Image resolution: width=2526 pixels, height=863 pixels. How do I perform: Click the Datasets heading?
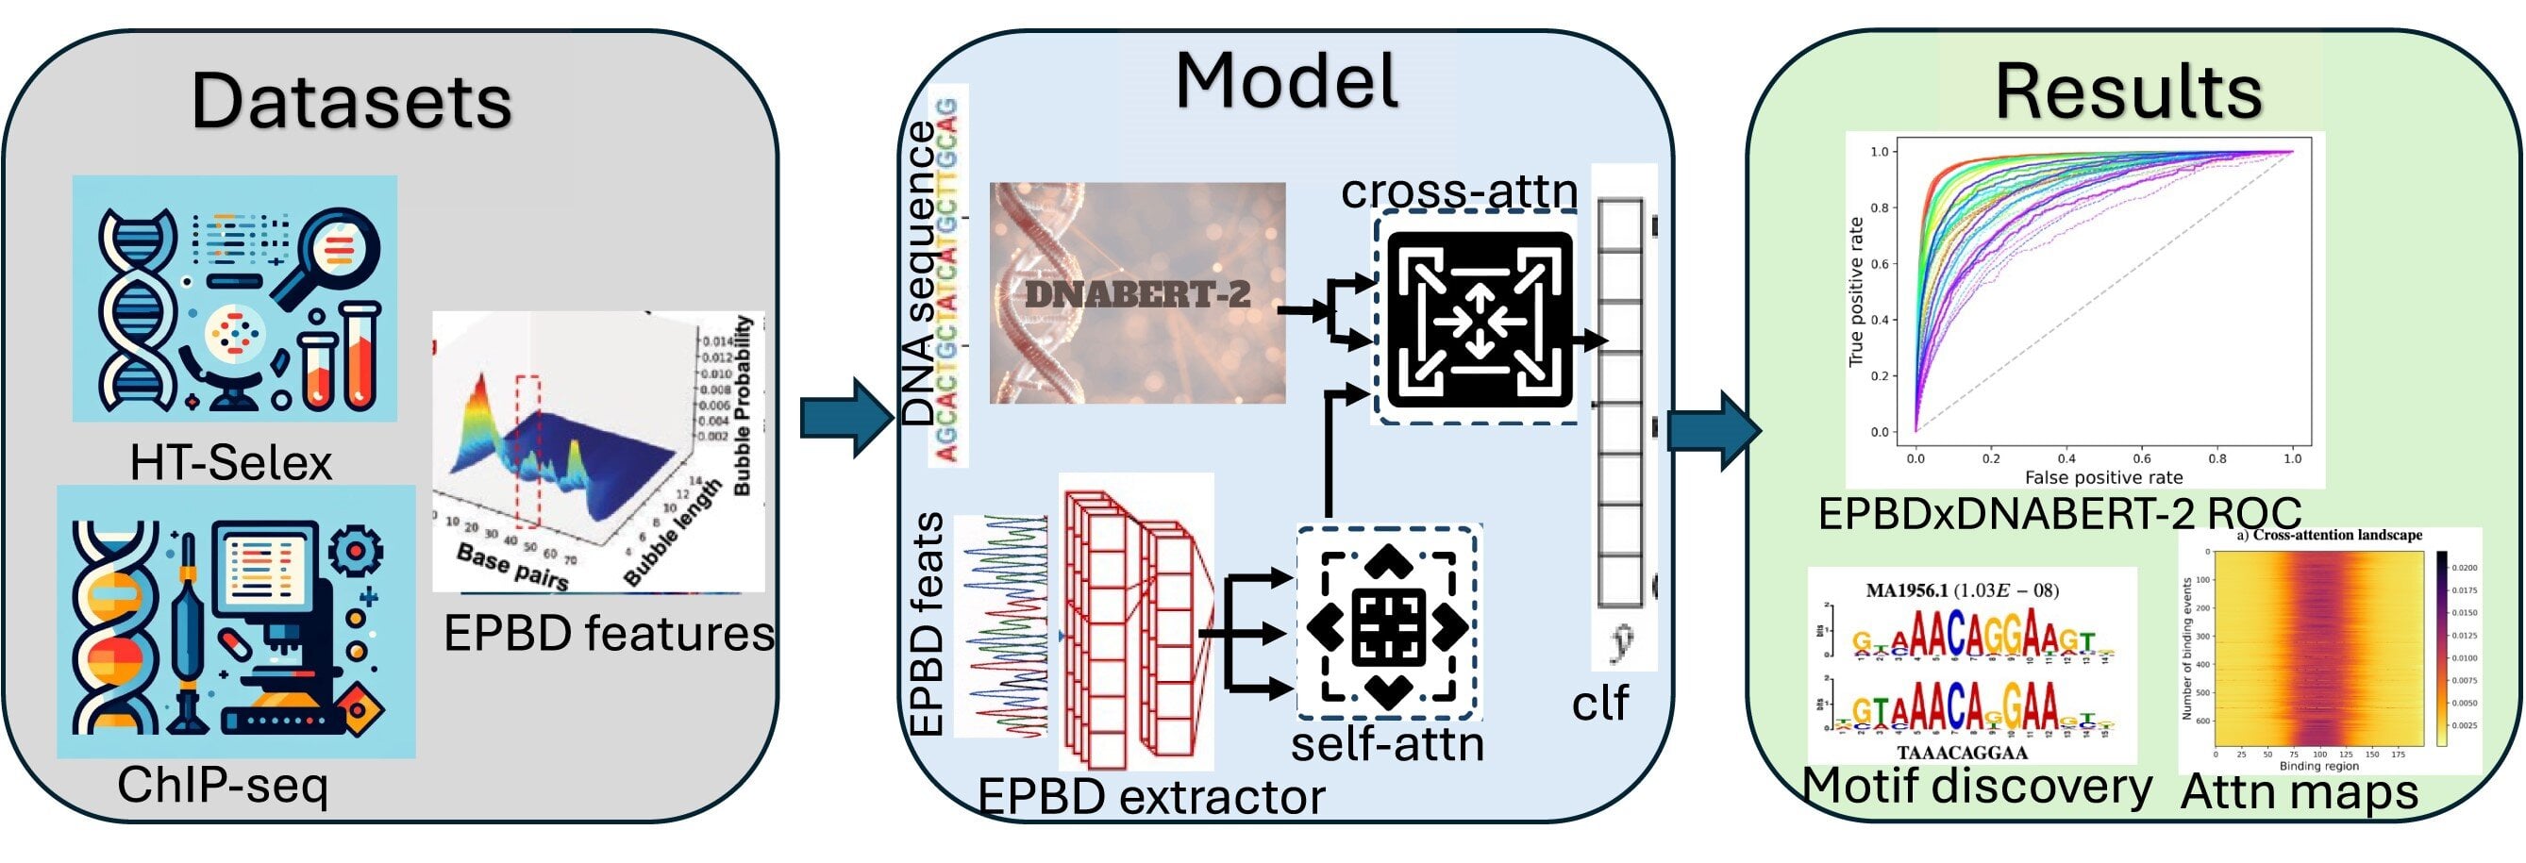[351, 101]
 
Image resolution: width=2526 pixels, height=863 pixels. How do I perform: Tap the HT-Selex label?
[231, 463]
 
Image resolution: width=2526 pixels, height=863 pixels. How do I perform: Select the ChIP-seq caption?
[223, 785]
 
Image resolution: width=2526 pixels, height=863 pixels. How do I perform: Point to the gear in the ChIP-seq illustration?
[355, 550]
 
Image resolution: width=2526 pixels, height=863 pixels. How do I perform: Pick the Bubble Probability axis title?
[743, 405]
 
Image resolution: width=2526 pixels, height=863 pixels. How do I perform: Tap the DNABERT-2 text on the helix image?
[1137, 294]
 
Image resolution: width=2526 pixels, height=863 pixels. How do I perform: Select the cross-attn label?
[1459, 191]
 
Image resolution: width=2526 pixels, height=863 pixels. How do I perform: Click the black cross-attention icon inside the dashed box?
[1479, 319]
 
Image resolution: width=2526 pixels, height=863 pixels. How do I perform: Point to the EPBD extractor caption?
[1151, 796]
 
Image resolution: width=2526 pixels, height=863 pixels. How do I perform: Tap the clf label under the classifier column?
[1599, 702]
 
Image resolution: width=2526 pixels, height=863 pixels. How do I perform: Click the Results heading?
[2129, 92]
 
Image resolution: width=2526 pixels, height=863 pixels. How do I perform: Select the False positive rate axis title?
[2103, 477]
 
